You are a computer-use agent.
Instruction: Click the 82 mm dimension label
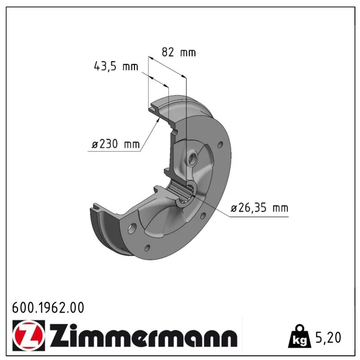(x=179, y=52)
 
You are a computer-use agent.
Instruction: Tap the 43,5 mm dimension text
(x=116, y=66)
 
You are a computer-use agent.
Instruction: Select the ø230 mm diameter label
(x=116, y=144)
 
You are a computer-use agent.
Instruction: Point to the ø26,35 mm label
(x=260, y=208)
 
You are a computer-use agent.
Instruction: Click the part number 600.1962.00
(x=48, y=307)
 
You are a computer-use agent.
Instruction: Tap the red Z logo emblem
(x=29, y=335)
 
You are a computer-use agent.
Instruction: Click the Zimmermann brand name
(x=143, y=335)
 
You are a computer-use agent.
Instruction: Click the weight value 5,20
(x=328, y=337)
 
